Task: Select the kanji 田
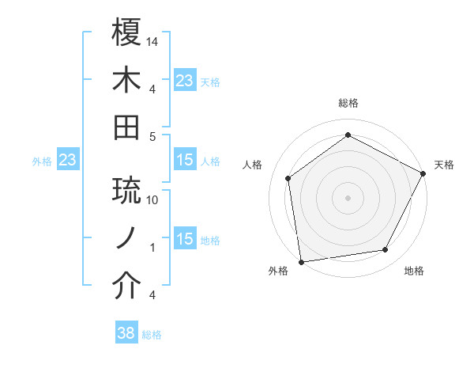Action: pos(127,127)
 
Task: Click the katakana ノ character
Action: pos(127,238)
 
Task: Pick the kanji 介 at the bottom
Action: pos(127,286)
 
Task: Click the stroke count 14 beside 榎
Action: pos(153,41)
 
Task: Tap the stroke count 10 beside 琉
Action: pos(153,200)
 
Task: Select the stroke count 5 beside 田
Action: pos(153,136)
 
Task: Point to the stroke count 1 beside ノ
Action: pos(152,248)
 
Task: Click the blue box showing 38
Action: pos(126,334)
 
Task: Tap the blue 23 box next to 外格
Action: pos(68,161)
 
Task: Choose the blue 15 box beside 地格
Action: pos(185,240)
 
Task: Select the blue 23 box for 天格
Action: pos(185,81)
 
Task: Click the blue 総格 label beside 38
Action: pos(152,335)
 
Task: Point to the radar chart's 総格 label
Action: pos(348,103)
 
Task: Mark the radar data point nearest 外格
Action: pos(301,261)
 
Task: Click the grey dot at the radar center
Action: pos(348,197)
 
